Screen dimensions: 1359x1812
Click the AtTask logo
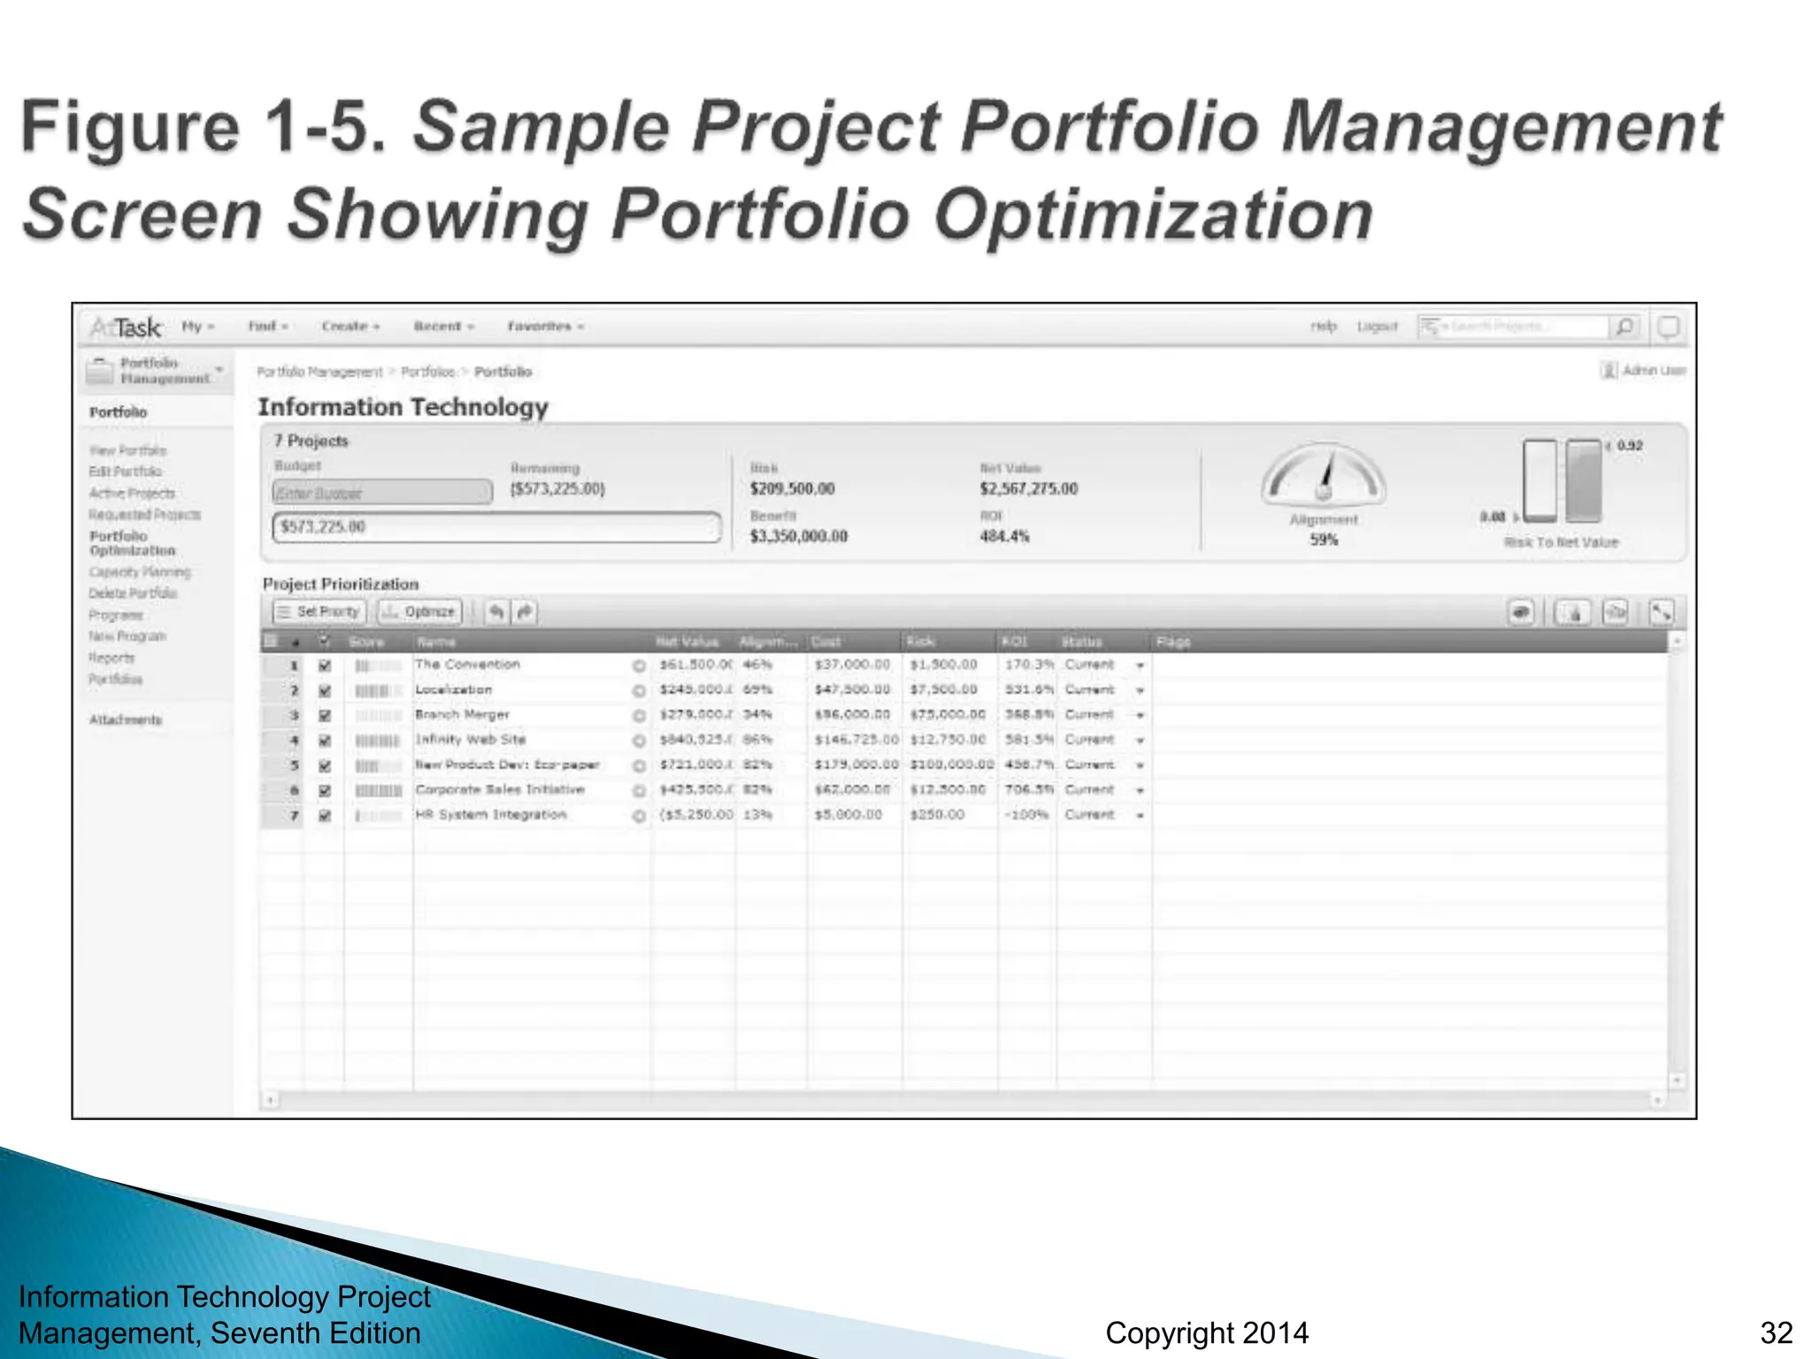(x=126, y=328)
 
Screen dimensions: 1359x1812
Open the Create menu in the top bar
(x=350, y=326)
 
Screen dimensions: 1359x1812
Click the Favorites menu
(x=545, y=326)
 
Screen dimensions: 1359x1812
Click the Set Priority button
(x=319, y=611)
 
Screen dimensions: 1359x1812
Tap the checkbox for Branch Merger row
(x=325, y=715)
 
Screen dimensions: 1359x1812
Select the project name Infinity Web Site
(x=471, y=740)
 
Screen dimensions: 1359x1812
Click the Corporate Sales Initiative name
(x=500, y=789)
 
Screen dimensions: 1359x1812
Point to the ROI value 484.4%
(x=1004, y=536)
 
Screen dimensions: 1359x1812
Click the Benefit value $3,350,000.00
(x=798, y=536)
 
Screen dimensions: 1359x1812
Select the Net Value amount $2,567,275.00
(x=1028, y=489)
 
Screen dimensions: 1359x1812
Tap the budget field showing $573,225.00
(x=495, y=527)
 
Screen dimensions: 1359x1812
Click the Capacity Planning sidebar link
(x=140, y=572)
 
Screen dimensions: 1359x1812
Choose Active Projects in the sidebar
(x=132, y=493)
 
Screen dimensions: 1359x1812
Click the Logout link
(x=1377, y=326)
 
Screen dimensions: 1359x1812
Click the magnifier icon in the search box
(x=1624, y=327)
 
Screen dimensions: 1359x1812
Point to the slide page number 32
(x=1776, y=1332)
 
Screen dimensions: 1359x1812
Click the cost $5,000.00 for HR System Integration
(x=848, y=815)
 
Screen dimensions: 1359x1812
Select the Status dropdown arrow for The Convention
(x=1140, y=665)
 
